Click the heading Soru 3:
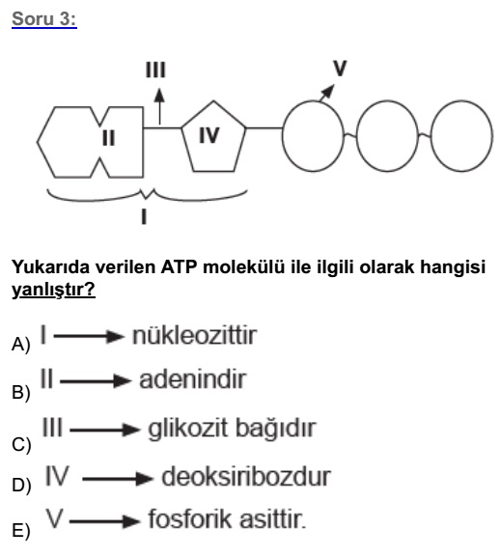[44, 19]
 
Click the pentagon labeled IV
[213, 101]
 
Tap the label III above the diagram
[155, 70]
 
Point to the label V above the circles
[340, 68]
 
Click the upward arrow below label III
[159, 106]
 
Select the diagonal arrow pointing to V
[327, 93]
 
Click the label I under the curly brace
[144, 216]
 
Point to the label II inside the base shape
[108, 138]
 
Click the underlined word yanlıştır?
[53, 290]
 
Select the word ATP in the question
[179, 266]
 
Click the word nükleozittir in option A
[194, 335]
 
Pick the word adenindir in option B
[192, 379]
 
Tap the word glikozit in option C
[187, 429]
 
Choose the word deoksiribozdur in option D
[246, 477]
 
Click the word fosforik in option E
[190, 519]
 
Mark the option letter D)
[21, 485]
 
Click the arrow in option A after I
[89, 336]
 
